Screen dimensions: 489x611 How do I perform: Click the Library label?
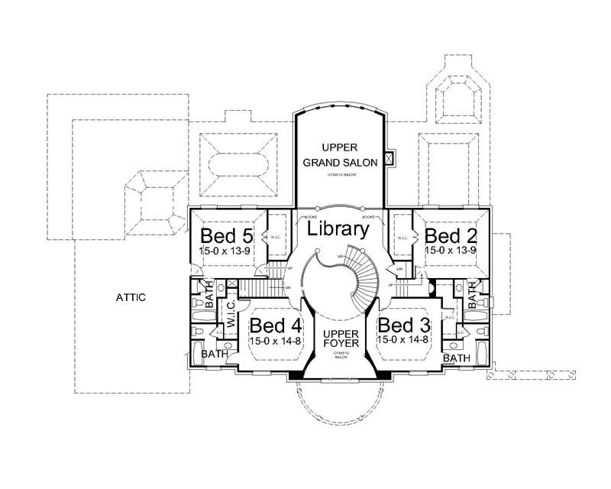[338, 228]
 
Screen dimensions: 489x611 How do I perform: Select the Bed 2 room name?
[451, 235]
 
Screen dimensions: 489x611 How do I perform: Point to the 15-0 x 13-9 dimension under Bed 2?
[451, 250]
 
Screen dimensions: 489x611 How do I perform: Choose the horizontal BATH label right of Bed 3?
[456, 358]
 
